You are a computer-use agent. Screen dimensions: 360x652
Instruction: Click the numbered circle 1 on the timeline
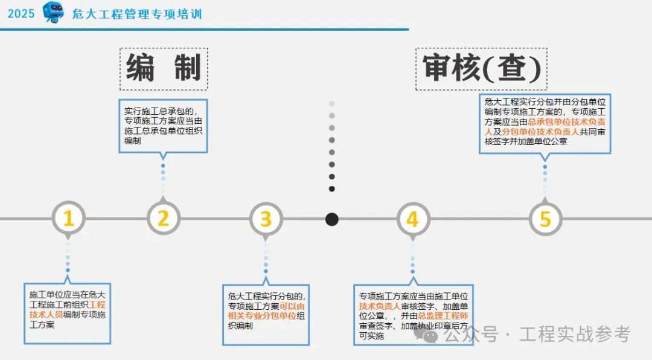68,219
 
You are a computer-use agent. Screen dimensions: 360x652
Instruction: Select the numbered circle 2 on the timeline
164,219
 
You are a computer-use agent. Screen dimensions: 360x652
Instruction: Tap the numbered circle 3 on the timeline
266,219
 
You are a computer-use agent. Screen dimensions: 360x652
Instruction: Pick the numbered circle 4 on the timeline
412,219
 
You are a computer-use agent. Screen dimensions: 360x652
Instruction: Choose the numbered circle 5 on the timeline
545,219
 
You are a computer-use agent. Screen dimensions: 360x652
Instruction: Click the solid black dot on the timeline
331,219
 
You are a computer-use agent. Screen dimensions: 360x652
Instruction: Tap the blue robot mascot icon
53,13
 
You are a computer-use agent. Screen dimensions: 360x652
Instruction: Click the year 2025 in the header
21,14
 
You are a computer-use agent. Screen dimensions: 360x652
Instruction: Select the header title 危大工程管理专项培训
137,14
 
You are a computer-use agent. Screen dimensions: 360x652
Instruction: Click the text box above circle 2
164,126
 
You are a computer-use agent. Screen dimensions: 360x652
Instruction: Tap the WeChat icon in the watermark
430,334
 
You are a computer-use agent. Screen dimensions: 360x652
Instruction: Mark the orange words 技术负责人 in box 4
379,306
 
